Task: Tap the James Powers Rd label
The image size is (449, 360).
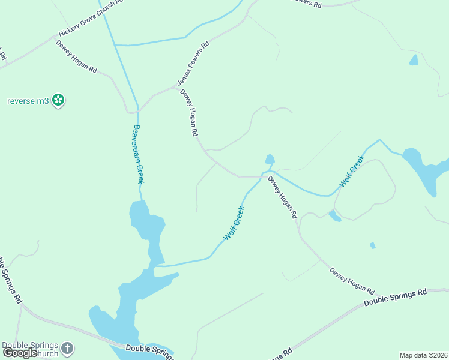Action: (193, 63)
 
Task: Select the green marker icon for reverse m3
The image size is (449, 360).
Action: (58, 101)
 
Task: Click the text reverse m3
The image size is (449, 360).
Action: (28, 101)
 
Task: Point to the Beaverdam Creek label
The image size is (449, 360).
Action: (139, 154)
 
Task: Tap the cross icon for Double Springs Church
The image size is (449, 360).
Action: (67, 348)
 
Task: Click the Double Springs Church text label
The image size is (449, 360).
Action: (30, 349)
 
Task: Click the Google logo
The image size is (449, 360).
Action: (20, 353)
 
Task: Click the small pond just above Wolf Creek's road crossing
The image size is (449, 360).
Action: (270, 159)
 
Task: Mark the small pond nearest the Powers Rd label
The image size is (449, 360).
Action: (413, 60)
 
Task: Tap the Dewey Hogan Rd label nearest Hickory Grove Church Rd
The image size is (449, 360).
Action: (76, 56)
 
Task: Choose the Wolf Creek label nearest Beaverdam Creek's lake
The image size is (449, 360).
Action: (234, 223)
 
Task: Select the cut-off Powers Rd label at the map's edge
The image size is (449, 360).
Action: (306, 4)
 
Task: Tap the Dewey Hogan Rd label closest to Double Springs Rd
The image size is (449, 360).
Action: (352, 280)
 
